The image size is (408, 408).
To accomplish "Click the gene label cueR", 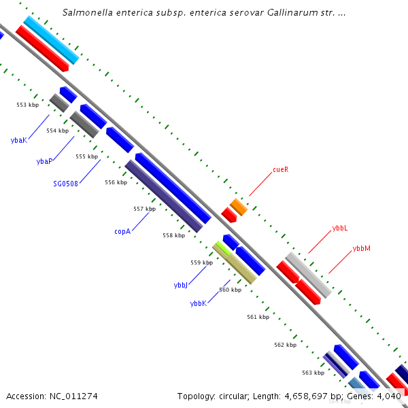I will tap(280, 169).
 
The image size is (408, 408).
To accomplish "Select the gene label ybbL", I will tap(340, 228).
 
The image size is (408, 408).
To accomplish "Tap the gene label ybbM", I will tap(361, 249).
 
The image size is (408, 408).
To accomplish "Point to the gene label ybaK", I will tap(18, 140).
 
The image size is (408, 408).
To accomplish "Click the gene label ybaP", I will tap(44, 161).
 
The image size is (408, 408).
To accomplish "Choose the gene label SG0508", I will tap(65, 183).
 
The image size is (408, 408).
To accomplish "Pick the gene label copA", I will tap(122, 231).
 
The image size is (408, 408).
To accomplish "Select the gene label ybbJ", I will tap(180, 285).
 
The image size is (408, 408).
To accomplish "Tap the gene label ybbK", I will tap(198, 303).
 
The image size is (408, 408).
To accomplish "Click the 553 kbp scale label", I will tap(28, 105).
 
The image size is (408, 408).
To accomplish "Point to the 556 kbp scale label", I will tap(116, 182).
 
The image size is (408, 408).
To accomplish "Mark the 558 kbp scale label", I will tap(173, 235).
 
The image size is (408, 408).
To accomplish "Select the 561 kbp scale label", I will tap(258, 317).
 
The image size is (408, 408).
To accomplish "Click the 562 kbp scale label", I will tap(285, 345).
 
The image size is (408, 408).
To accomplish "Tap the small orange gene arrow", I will tap(238, 207).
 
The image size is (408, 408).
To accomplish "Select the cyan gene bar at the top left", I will tap(51, 40).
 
